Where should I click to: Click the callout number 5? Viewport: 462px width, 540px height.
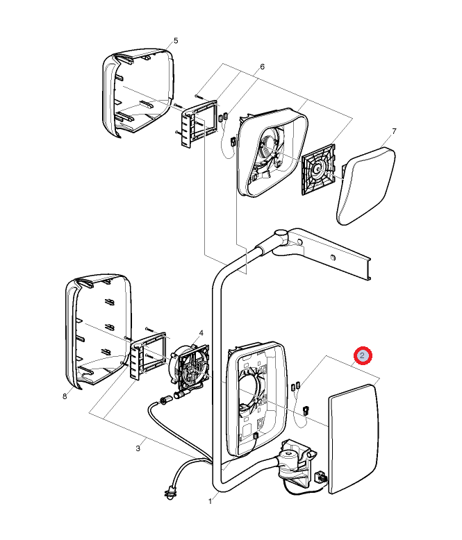tap(176, 41)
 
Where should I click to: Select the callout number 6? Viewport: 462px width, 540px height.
tap(262, 67)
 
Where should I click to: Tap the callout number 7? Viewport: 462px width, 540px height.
tap(394, 131)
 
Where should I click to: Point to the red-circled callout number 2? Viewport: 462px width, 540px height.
tap(363, 355)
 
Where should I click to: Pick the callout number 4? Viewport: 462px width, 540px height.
tap(201, 332)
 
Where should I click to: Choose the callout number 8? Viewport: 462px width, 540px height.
tap(65, 396)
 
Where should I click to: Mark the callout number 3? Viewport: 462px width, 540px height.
tap(138, 448)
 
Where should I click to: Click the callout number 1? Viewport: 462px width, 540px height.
tap(210, 501)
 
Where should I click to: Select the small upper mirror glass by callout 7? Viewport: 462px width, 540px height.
tap(366, 186)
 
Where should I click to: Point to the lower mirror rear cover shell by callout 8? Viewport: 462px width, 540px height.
tap(98, 330)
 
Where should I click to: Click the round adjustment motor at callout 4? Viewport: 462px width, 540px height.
tap(188, 366)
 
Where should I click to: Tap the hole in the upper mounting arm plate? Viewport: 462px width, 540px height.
tap(332, 258)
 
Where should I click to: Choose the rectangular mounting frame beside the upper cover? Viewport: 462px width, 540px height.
tap(200, 124)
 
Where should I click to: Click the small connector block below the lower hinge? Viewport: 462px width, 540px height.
tap(322, 478)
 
